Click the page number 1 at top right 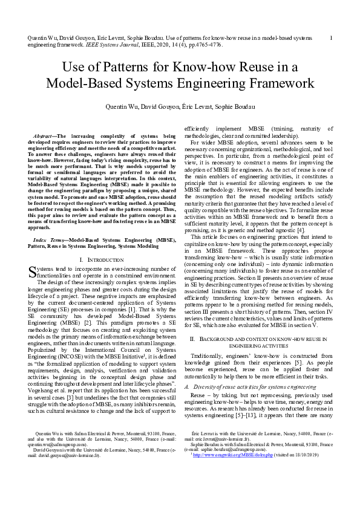point(331,37)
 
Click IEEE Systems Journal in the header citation point(92,45)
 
